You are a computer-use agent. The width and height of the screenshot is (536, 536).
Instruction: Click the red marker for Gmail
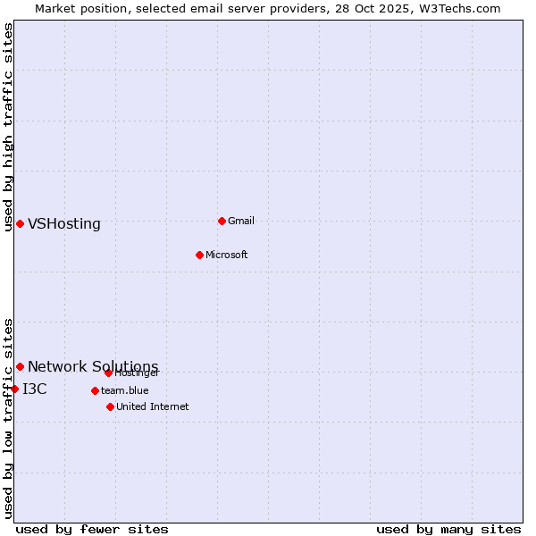(x=222, y=221)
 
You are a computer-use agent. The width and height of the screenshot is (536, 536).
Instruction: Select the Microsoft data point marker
(x=199, y=255)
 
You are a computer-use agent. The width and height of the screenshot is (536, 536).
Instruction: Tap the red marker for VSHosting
(x=20, y=223)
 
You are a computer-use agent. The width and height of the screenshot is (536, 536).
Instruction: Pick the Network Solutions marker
(x=20, y=366)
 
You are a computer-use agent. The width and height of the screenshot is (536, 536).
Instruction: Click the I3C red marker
(x=14, y=389)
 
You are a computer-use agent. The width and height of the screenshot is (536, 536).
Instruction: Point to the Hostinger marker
(x=108, y=373)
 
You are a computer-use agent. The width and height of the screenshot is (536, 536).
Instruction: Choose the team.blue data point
(x=95, y=390)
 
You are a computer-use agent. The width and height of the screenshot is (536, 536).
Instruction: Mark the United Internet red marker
(x=110, y=406)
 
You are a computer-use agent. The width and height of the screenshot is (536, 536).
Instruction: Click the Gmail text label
(x=241, y=221)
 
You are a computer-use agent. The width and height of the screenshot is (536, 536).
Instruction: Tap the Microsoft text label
(x=227, y=255)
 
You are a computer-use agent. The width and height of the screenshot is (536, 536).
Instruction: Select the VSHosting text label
(x=64, y=224)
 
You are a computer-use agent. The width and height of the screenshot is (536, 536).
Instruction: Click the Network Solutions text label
(x=93, y=367)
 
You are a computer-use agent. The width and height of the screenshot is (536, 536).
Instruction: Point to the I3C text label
(x=35, y=389)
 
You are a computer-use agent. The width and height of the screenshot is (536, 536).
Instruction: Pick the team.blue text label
(x=125, y=390)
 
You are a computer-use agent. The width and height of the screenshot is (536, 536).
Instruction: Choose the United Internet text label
(x=153, y=406)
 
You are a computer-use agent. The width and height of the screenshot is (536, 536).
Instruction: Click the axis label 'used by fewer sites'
(x=92, y=529)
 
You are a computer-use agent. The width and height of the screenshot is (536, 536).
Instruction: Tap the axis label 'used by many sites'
(x=448, y=529)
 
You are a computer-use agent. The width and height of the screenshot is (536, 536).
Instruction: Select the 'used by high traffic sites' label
(x=8, y=127)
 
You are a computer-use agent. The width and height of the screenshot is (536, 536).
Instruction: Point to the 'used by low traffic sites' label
(x=8, y=418)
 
